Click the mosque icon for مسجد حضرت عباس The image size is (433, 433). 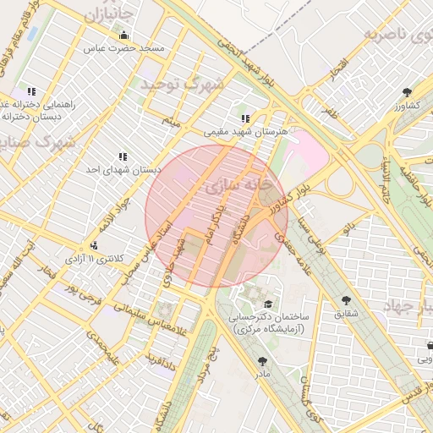point(124,35)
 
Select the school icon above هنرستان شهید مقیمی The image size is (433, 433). point(245,118)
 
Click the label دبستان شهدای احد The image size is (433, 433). point(123,169)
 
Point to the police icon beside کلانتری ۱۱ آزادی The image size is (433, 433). point(94,244)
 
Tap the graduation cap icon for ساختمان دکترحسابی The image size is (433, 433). point(268,304)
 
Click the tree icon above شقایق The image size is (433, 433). point(346,300)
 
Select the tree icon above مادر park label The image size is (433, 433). point(261,361)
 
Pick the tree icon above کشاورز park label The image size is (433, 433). point(408,91)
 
